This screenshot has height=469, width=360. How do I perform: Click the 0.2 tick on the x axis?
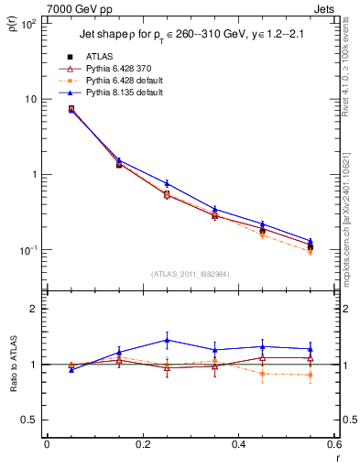pyautogui.click(x=142, y=443)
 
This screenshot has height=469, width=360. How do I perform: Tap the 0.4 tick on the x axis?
pyautogui.click(x=238, y=443)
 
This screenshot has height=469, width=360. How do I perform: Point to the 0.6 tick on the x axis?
pyautogui.click(x=333, y=443)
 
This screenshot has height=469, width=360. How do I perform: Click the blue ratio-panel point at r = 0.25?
pyautogui.click(x=167, y=340)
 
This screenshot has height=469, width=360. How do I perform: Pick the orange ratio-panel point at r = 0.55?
pyautogui.click(x=310, y=375)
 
